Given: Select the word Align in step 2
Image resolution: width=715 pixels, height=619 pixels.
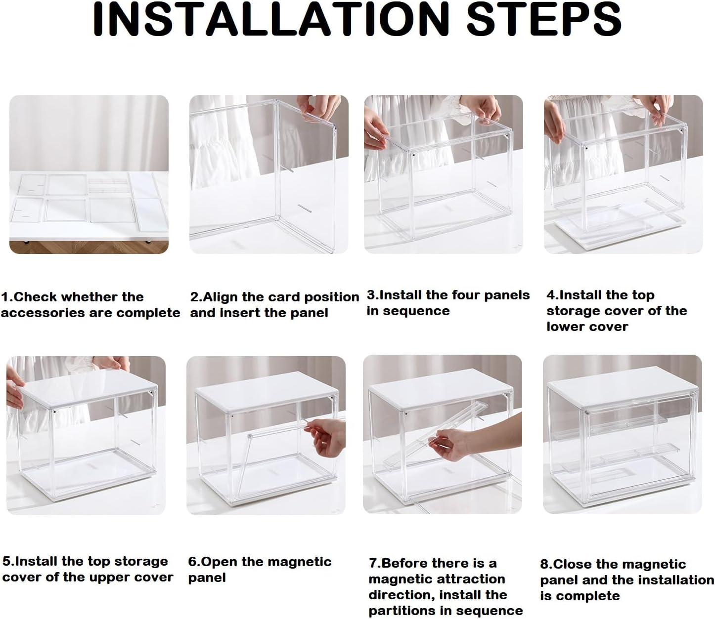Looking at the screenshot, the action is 221,297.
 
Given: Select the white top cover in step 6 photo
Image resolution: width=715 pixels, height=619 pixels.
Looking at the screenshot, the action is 266,396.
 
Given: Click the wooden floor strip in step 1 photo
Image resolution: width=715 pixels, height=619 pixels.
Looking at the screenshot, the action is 89,248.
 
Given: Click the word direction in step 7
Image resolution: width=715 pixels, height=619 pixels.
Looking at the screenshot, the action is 398,595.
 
